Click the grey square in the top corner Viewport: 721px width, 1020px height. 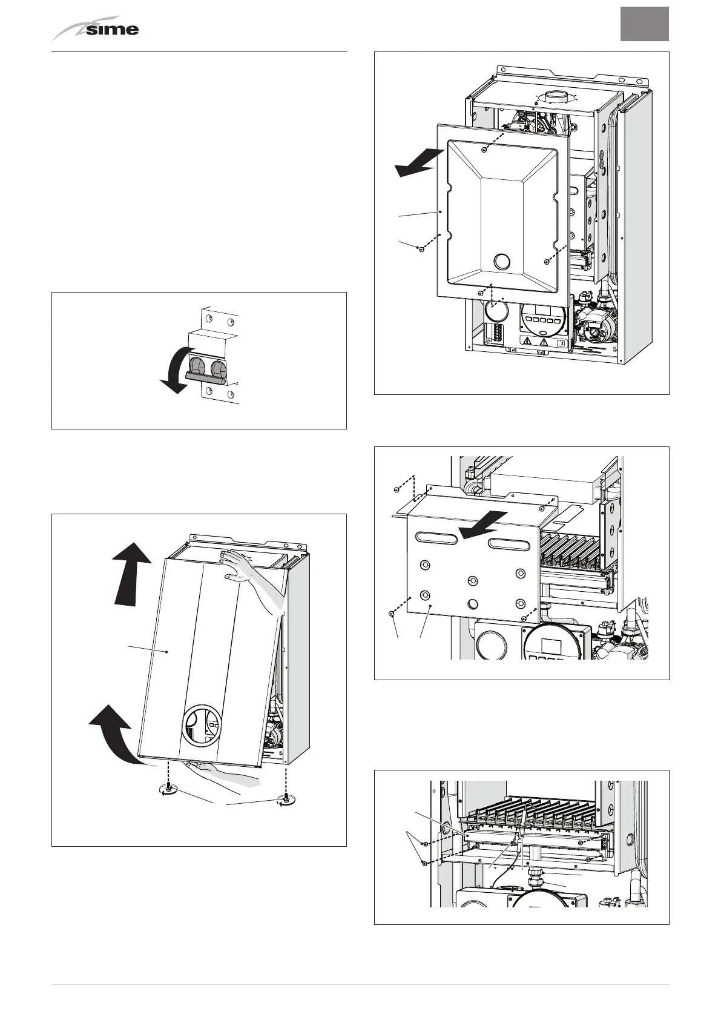coord(644,24)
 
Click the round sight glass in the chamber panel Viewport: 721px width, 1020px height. coord(502,262)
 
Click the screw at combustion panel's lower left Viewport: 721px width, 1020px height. coord(392,614)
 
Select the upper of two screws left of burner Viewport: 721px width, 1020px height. coord(425,844)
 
